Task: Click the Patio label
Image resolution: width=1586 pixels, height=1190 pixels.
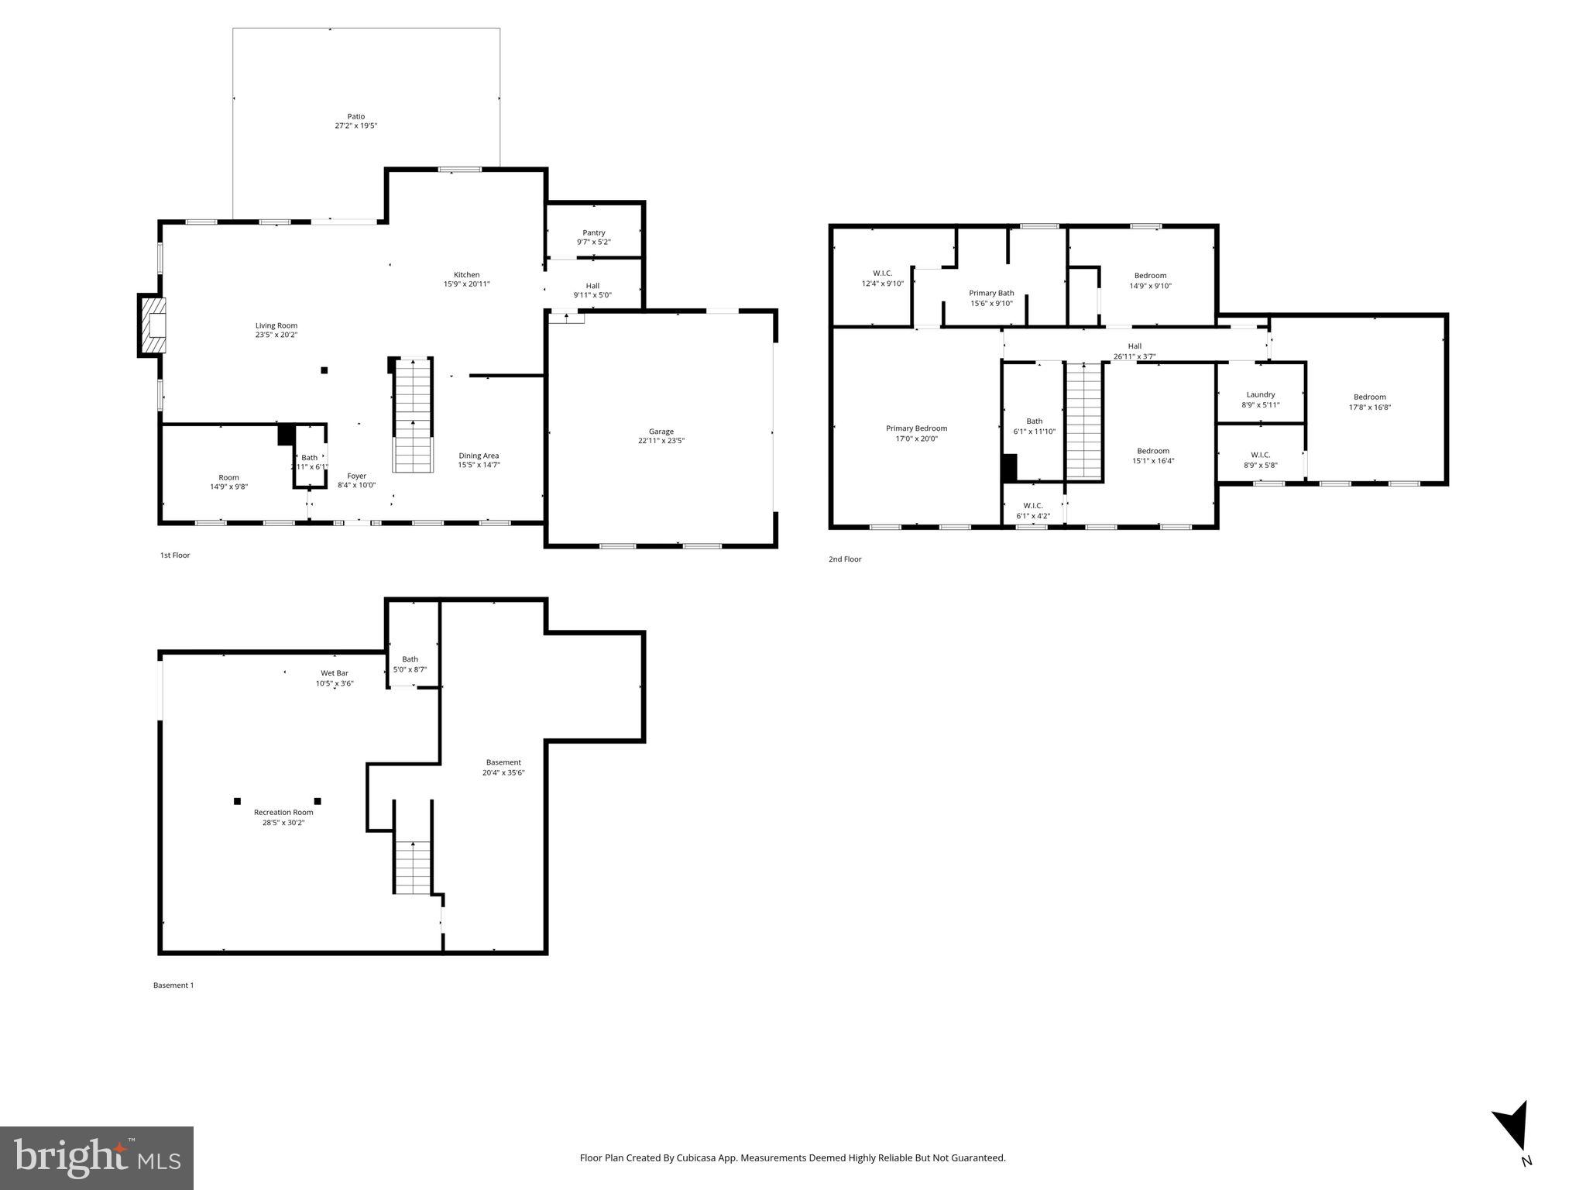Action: pyautogui.click(x=355, y=117)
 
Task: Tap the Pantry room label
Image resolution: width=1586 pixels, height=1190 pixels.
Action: pyautogui.click(x=594, y=232)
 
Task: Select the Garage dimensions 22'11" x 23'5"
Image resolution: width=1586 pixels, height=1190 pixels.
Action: pyautogui.click(x=661, y=441)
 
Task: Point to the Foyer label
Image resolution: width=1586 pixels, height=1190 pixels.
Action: pyautogui.click(x=356, y=476)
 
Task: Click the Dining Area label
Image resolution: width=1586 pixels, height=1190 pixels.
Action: pyautogui.click(x=479, y=456)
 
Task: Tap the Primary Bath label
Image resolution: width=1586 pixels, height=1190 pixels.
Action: pyautogui.click(x=991, y=293)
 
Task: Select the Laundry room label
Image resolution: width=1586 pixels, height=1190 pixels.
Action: pyautogui.click(x=1261, y=394)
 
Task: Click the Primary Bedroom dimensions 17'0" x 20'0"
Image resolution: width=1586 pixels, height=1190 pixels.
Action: pyautogui.click(x=916, y=439)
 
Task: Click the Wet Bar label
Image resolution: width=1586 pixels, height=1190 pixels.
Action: pyautogui.click(x=335, y=672)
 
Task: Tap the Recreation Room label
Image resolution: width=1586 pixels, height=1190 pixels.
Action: pyautogui.click(x=283, y=812)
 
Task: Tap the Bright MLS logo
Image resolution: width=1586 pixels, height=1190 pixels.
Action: pyautogui.click(x=96, y=1157)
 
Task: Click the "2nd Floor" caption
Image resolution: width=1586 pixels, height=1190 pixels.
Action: pyautogui.click(x=845, y=559)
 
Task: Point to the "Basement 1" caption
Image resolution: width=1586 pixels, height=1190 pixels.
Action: pyautogui.click(x=173, y=985)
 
